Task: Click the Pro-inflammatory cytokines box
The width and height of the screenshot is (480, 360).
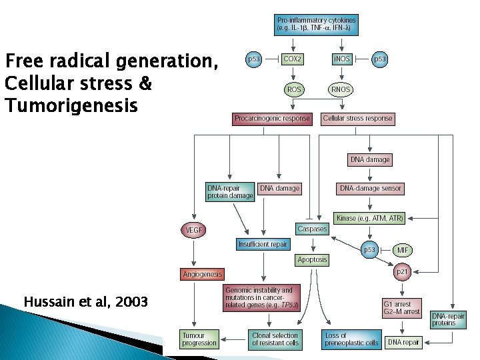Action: coord(317,25)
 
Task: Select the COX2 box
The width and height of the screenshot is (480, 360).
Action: coord(293,59)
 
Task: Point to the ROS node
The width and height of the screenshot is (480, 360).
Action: coord(293,89)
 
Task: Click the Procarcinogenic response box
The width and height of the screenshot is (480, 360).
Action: coord(272,119)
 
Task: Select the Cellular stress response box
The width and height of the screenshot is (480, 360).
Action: coord(358,119)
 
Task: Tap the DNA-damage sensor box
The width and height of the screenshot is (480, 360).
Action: coord(371,189)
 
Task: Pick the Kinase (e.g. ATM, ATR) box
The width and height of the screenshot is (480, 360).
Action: coord(369,218)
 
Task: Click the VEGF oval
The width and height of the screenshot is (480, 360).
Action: coord(193,230)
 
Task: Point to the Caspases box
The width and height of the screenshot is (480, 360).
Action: coord(312,229)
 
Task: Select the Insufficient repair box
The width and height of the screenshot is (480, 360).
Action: coord(263,244)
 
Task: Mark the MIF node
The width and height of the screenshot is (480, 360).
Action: coord(403,250)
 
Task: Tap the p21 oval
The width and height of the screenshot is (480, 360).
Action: coord(403,271)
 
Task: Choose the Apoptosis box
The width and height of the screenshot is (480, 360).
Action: coord(312,259)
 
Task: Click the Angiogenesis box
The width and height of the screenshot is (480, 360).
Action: coord(203,274)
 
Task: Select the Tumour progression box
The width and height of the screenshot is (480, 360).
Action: coord(199,339)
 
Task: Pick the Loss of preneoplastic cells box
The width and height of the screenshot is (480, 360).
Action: coord(351,339)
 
